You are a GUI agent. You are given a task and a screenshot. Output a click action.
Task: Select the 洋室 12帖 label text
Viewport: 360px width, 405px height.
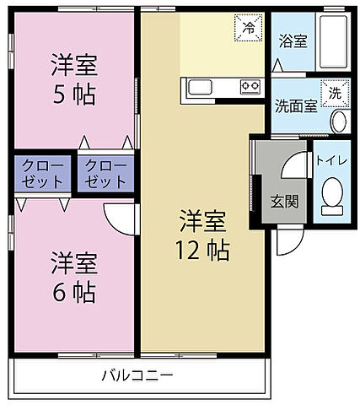[x=202, y=236]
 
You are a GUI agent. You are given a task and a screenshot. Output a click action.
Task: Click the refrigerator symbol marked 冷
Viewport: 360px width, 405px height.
[x=248, y=28]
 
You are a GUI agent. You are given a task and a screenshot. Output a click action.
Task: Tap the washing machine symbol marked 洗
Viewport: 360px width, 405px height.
[x=335, y=94]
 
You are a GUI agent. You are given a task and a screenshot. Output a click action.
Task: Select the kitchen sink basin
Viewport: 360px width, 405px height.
[x=202, y=86]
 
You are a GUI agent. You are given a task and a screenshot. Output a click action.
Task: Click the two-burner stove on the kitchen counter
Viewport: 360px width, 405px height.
[x=250, y=86]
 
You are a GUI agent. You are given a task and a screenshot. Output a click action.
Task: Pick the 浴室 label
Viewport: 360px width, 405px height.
[x=290, y=40]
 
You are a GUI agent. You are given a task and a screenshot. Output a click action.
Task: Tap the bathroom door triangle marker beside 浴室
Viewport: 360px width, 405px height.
[x=275, y=67]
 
